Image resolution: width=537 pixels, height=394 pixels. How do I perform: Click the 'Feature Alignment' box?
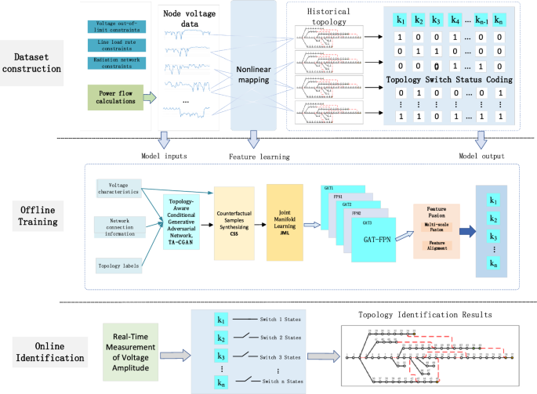coord(436,245)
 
